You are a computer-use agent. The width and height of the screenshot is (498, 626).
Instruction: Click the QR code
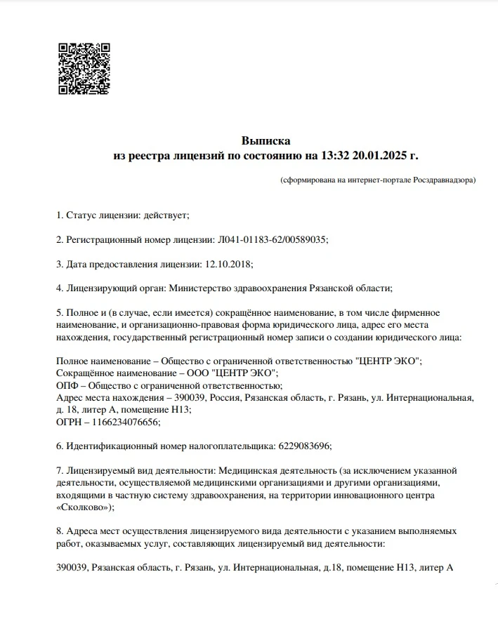click(x=84, y=69)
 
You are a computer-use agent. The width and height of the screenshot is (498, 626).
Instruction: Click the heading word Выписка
click(x=266, y=141)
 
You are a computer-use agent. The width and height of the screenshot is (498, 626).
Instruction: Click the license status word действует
click(x=166, y=215)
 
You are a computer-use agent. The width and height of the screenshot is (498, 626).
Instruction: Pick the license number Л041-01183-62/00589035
click(x=269, y=239)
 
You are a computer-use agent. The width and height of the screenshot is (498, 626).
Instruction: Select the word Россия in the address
click(x=226, y=398)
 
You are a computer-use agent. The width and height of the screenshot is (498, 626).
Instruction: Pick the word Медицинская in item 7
click(x=245, y=470)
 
